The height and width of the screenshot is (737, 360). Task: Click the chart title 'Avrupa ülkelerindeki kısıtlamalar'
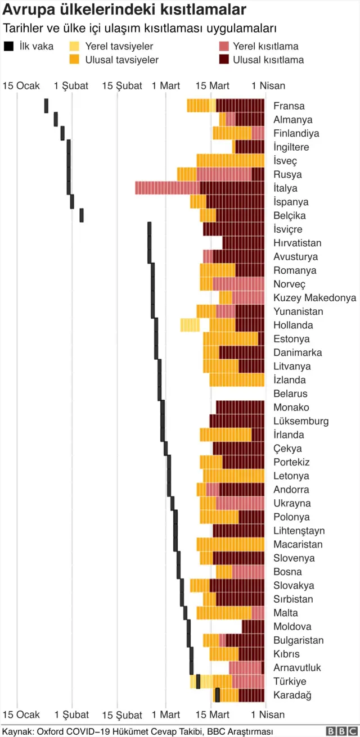[x=124, y=10]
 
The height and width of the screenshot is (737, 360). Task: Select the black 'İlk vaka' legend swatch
[x=8, y=47]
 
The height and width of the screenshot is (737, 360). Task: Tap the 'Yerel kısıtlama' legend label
[x=266, y=47]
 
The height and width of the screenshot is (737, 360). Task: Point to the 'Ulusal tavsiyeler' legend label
[x=121, y=60]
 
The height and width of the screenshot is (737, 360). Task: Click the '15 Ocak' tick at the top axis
[x=21, y=86]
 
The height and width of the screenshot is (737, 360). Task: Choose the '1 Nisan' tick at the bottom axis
[x=268, y=715]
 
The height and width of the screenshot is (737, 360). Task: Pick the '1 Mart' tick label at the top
[x=166, y=86]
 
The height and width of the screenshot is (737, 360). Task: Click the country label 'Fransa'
[x=289, y=106]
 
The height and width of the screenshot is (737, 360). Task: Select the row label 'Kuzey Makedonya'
[x=314, y=298]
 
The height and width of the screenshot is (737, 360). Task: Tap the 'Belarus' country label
[x=290, y=394]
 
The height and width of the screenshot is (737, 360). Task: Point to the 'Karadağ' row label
[x=292, y=695]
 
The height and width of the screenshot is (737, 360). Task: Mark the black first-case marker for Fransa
[x=46, y=106]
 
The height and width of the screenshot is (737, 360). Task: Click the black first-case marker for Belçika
[x=82, y=215]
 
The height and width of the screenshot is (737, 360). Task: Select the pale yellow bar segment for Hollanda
[x=190, y=325]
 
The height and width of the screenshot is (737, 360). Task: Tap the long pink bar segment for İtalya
[x=167, y=188]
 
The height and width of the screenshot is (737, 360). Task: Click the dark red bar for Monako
[x=240, y=407]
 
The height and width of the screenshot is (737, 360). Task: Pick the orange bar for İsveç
[x=230, y=161]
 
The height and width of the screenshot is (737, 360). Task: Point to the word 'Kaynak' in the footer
[x=17, y=731]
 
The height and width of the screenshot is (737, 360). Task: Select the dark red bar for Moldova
[x=253, y=626]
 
